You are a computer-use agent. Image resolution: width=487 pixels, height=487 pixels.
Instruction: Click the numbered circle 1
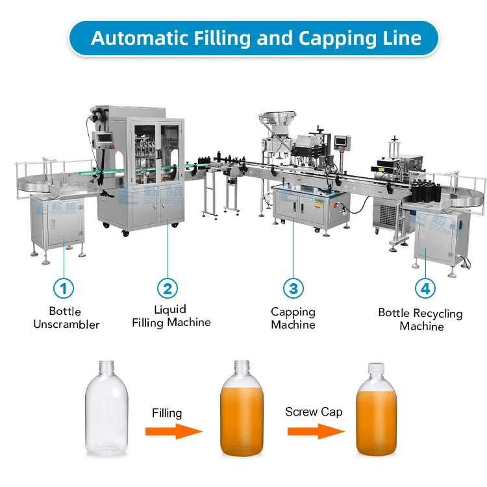pos(63,288)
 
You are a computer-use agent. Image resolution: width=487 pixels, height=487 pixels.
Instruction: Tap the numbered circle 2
pos(168,288)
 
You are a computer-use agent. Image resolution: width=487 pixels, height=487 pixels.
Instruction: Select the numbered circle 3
pos(293,288)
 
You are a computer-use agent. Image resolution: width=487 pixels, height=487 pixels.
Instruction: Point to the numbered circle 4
pos(425,288)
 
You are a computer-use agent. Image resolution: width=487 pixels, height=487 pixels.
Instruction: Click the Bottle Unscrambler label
pos(66,318)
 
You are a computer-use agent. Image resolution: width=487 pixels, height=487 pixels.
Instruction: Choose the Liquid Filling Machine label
pos(171,316)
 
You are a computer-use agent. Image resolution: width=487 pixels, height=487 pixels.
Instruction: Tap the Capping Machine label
pos(293,318)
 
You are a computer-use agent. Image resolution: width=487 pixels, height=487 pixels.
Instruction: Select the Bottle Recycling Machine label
pos(421,319)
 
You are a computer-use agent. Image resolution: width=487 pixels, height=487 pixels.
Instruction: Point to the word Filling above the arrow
pos(168,413)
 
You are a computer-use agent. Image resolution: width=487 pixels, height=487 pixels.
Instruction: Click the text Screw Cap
pos(314,412)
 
